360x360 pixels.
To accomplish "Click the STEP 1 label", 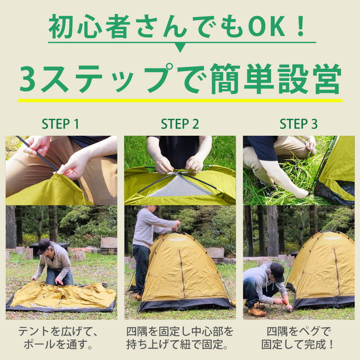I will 60,124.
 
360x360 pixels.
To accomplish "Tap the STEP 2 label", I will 180,124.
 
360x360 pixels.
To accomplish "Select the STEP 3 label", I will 299,124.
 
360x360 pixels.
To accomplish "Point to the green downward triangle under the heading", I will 180,47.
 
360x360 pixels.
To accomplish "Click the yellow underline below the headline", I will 180,100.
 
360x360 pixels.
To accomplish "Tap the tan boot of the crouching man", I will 257,310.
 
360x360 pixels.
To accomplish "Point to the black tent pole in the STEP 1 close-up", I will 36,153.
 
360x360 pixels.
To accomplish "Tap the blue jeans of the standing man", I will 141,266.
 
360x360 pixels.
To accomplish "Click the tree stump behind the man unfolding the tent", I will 78,256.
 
